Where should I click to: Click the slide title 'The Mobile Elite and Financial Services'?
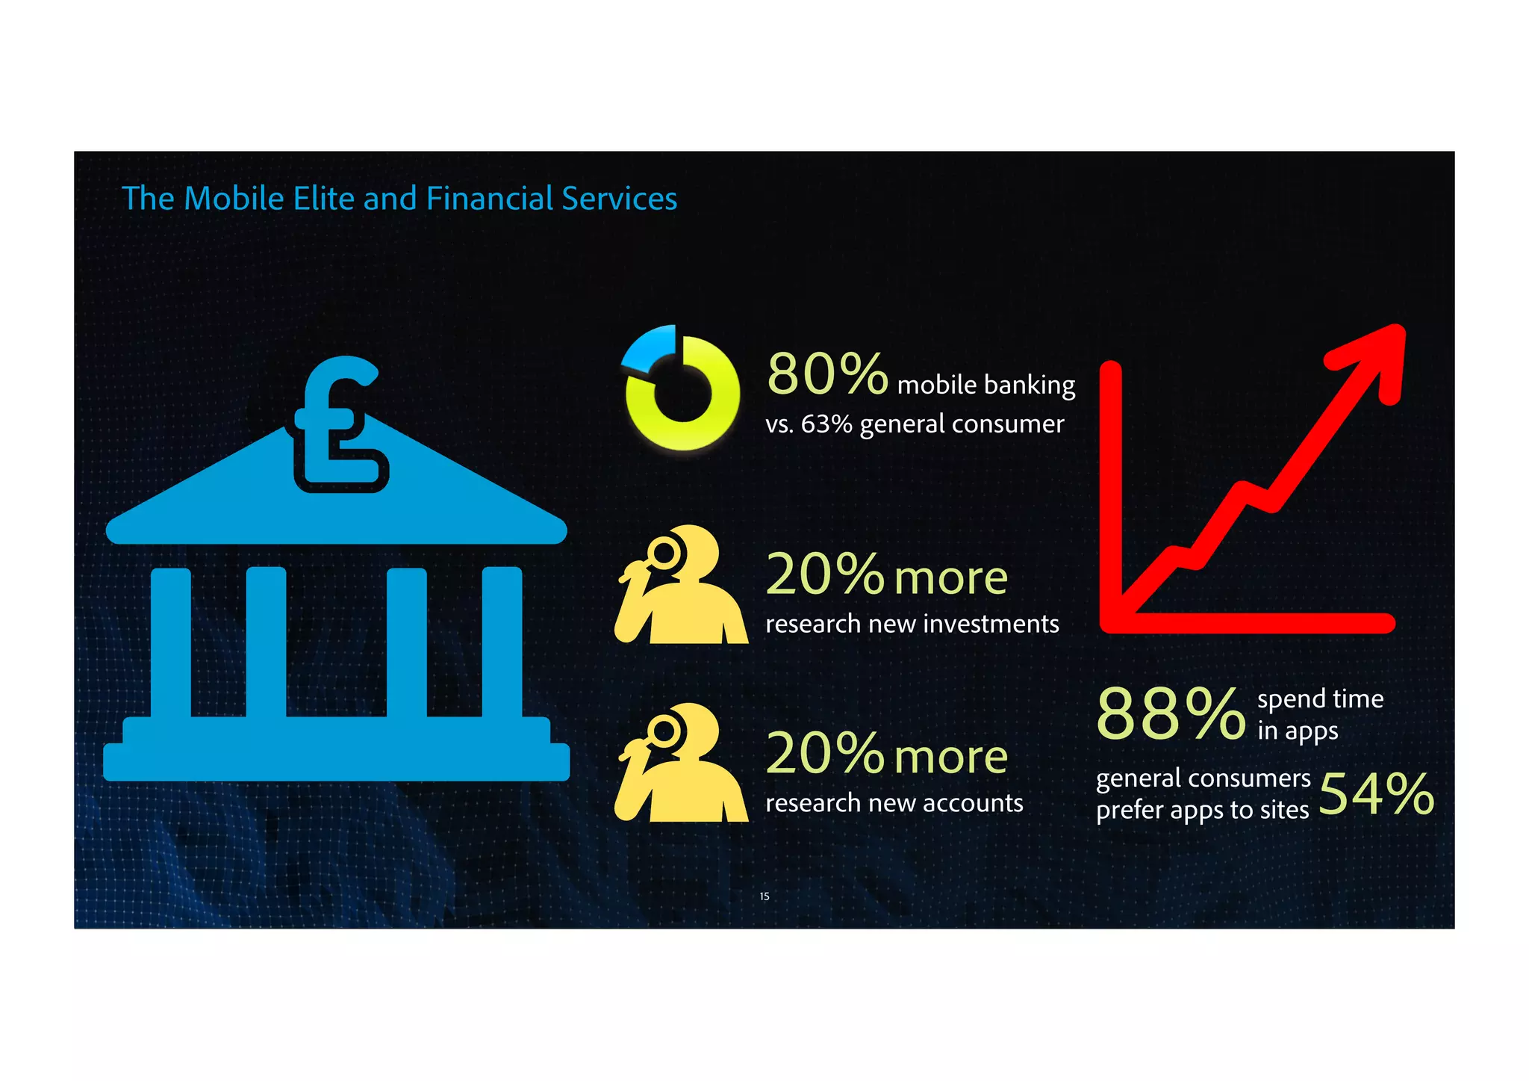coord(399,199)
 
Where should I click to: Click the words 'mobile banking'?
coord(985,385)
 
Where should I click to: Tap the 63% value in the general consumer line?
coord(826,424)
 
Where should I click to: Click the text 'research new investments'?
coord(912,624)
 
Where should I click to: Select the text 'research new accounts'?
coord(894,803)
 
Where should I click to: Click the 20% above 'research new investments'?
coord(825,574)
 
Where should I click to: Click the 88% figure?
coord(1171,713)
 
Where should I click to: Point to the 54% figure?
coord(1376,793)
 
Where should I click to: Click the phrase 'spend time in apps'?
coord(1319,714)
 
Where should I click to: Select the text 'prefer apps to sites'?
coord(1202,811)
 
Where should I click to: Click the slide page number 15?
coord(764,896)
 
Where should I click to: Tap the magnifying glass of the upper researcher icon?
coord(664,554)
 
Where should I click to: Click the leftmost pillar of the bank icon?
coord(171,642)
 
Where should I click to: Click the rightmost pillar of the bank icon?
coord(502,642)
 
